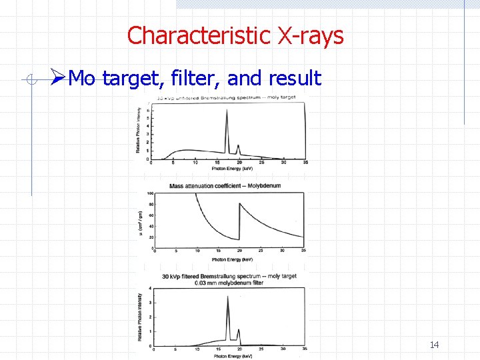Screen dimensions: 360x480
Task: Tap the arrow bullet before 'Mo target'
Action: [58, 79]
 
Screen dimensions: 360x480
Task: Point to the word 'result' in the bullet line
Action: [294, 79]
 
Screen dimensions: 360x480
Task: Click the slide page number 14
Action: [434, 345]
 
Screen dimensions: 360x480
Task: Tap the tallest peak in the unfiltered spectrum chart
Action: [227, 111]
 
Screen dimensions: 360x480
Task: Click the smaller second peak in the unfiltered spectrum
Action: [238, 145]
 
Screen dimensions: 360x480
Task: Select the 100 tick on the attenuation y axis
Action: [150, 194]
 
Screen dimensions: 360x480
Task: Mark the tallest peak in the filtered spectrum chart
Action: [229, 297]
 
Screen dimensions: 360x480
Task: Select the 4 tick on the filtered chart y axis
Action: [150, 289]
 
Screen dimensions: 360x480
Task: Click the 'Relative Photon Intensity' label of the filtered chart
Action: [140, 321]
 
